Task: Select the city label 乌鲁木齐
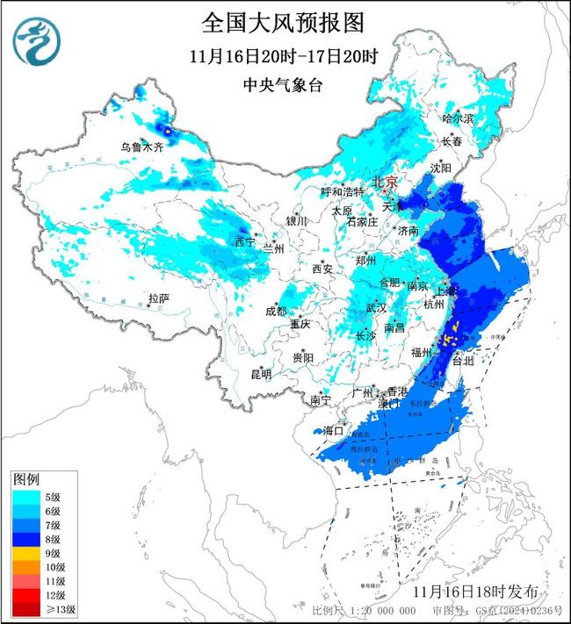click(141, 147)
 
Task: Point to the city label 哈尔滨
click(458, 118)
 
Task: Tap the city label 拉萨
click(158, 298)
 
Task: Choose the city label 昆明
click(261, 375)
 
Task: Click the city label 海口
click(334, 431)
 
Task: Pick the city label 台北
click(461, 360)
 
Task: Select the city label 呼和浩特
click(342, 191)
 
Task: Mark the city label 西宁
click(243, 241)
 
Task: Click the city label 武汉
click(376, 308)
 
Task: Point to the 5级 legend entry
click(40, 497)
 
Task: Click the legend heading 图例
click(25, 479)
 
